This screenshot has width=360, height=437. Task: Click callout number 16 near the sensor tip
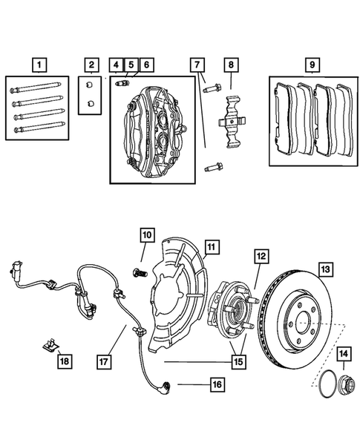coord(217,384)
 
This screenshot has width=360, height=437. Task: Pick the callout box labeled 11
coord(210,245)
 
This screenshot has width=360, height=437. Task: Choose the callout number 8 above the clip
coord(232,65)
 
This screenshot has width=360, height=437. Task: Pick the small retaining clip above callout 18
coord(49,345)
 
